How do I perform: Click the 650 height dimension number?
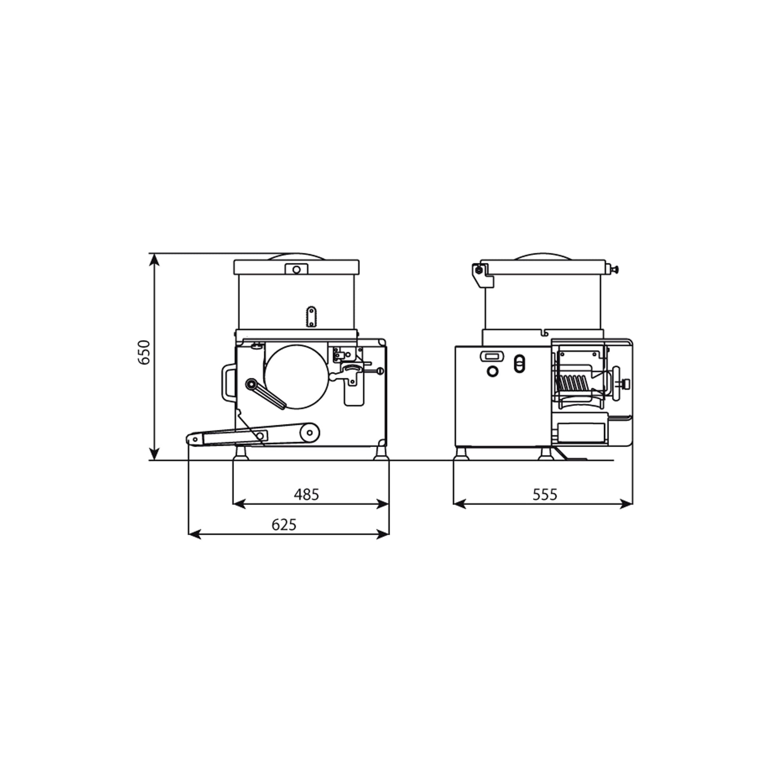[144, 352]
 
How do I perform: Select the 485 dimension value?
[307, 494]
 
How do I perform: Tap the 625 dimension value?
[284, 525]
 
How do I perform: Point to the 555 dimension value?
[545, 494]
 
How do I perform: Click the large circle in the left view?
[296, 377]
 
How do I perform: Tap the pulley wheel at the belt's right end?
[310, 433]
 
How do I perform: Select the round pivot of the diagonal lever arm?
[251, 384]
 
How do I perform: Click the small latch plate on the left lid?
[296, 269]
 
